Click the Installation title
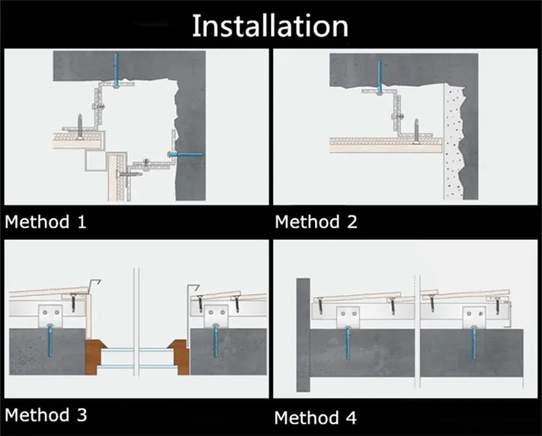click(x=270, y=26)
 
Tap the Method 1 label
click(x=46, y=222)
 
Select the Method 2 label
click(x=316, y=222)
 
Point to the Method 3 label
click(x=46, y=414)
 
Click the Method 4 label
click(x=315, y=418)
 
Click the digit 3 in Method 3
click(x=82, y=415)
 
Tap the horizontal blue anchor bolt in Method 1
click(x=186, y=154)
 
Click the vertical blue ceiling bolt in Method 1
click(x=116, y=70)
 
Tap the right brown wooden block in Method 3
click(x=179, y=357)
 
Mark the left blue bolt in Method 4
click(x=348, y=343)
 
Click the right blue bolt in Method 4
click(x=474, y=343)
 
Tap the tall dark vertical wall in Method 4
click(x=303, y=335)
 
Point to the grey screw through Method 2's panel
click(x=416, y=131)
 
